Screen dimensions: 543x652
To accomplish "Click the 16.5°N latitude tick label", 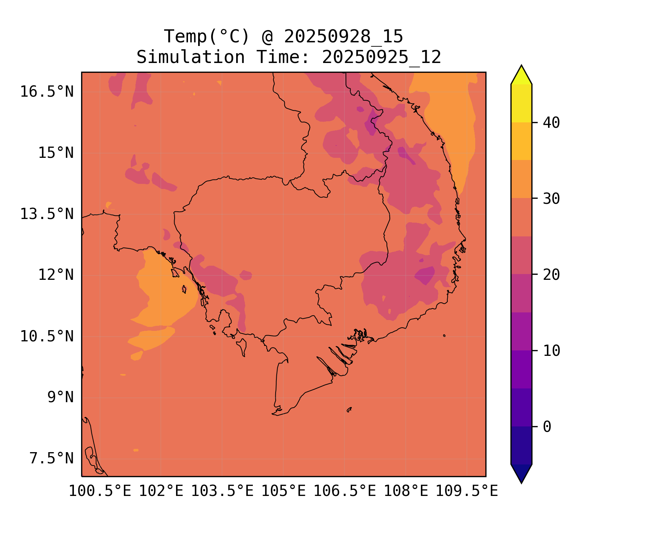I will pyautogui.click(x=47, y=92).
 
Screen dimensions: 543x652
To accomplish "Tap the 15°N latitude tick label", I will pyautogui.click(x=56, y=153).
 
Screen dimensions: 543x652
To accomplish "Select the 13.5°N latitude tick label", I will pyautogui.click(x=47, y=214).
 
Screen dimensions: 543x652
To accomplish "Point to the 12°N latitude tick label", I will pyautogui.click(x=56, y=275).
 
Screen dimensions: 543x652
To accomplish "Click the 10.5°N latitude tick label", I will pyautogui.click(x=47, y=336).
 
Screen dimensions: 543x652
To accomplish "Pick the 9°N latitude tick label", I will pyautogui.click(x=60, y=397).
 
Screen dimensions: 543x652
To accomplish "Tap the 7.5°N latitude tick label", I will pyautogui.click(x=51, y=459).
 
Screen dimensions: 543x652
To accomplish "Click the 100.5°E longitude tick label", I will pyautogui.click(x=100, y=491).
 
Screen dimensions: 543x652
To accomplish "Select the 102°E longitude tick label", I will pyautogui.click(x=161, y=491).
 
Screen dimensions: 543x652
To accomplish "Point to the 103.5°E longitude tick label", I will pyautogui.click(x=222, y=491).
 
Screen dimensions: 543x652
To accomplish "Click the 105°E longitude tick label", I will pyautogui.click(x=283, y=491).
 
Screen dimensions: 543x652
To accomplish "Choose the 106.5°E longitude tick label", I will pyautogui.click(x=344, y=491).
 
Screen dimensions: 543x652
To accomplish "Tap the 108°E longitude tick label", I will pyautogui.click(x=406, y=491).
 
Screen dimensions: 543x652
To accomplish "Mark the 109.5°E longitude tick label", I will pyautogui.click(x=467, y=491).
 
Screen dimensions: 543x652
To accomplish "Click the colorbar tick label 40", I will pyautogui.click(x=551, y=123).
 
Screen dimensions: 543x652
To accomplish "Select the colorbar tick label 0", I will pyautogui.click(x=547, y=427).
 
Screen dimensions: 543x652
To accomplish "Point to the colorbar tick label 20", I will pyautogui.click(x=551, y=275).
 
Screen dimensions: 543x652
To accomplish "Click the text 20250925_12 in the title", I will pyautogui.click(x=381, y=57).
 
